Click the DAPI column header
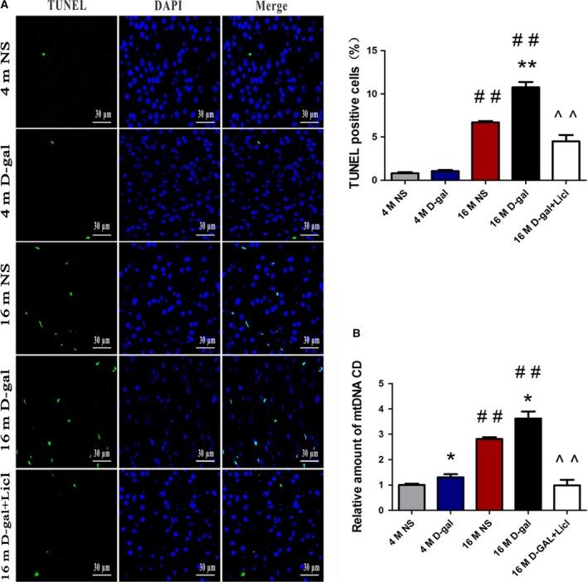(157, 7)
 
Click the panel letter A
(6, 7)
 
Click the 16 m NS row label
(9, 285)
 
